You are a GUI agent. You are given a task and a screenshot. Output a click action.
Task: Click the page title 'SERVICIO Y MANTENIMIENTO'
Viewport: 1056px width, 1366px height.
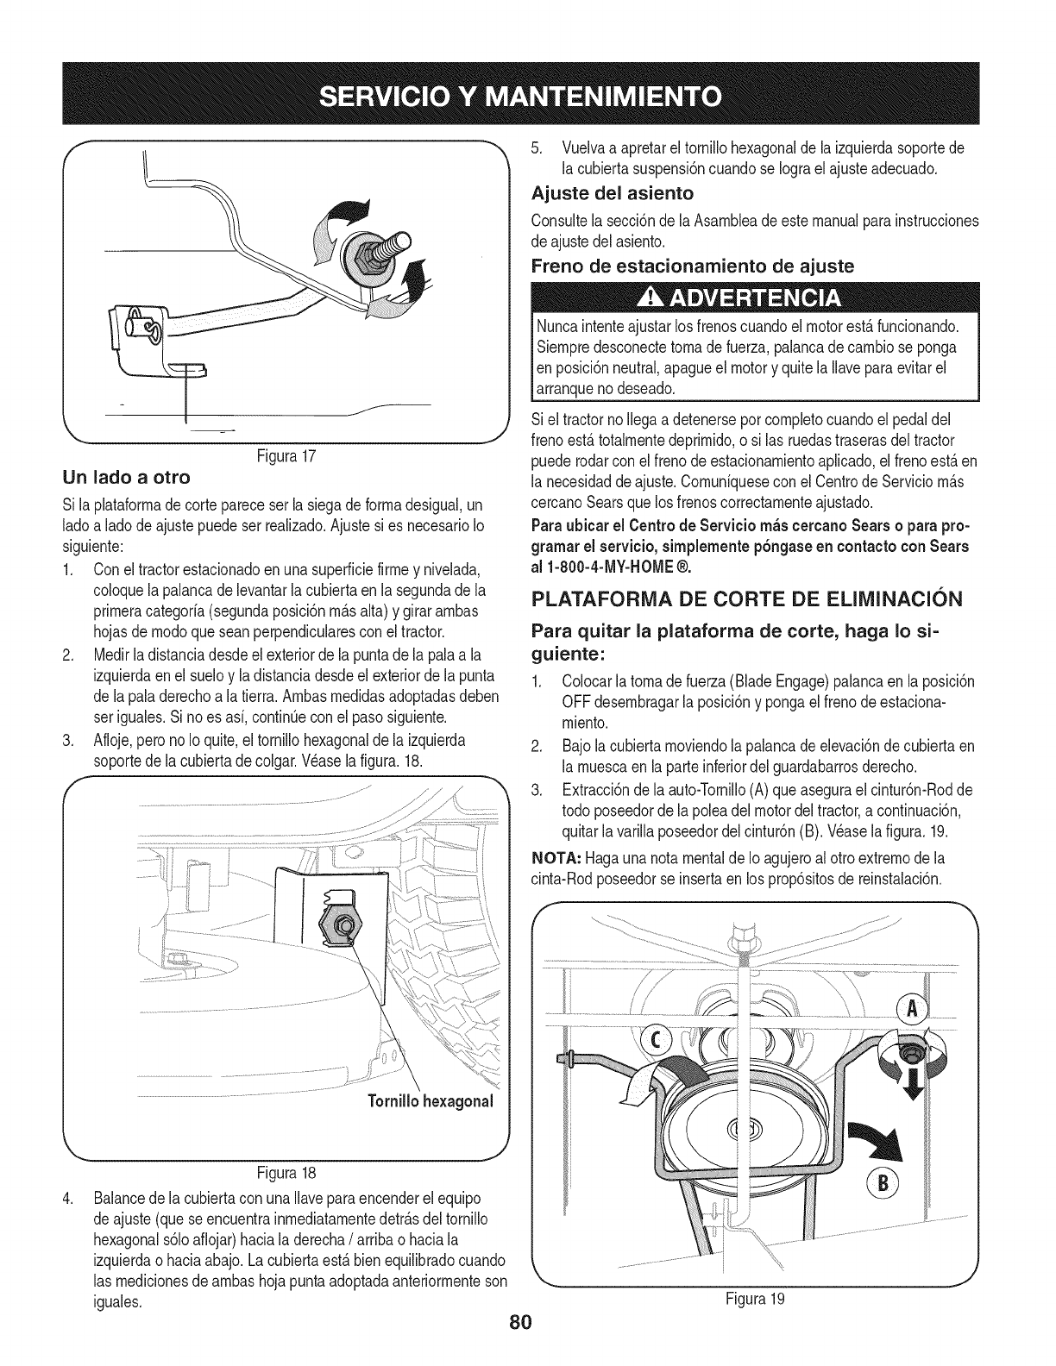(x=527, y=93)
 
